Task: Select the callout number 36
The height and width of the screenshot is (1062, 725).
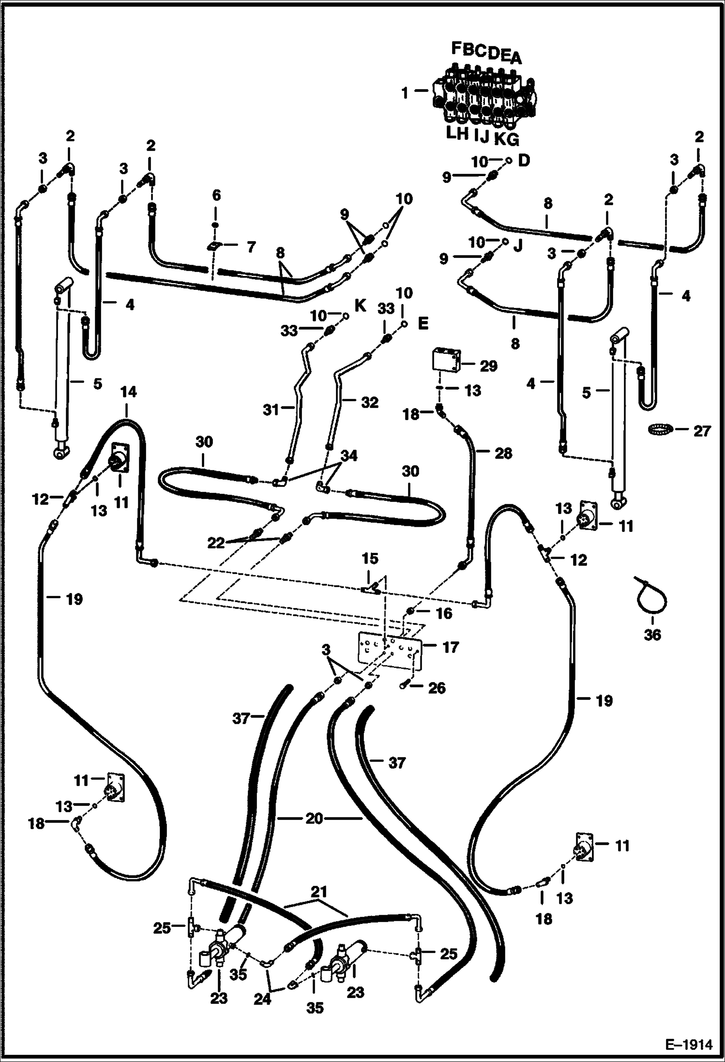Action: [x=652, y=634]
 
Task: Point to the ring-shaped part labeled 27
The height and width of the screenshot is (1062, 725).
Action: [x=661, y=429]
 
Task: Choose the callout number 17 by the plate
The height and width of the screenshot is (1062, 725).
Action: [x=450, y=647]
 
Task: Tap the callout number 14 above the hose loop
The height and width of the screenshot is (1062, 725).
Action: [x=128, y=392]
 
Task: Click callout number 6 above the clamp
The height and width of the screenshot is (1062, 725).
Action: [x=216, y=196]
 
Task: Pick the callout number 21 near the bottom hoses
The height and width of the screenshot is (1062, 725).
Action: [x=319, y=892]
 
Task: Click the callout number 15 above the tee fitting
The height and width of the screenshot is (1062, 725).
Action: [x=370, y=559]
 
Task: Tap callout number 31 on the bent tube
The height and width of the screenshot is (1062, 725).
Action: [x=271, y=410]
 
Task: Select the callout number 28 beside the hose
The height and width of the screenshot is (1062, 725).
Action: [x=503, y=454]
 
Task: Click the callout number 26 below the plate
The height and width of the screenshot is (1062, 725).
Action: [x=437, y=688]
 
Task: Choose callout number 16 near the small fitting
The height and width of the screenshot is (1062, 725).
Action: [x=444, y=613]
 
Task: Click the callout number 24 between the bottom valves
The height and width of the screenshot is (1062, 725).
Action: [x=262, y=998]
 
